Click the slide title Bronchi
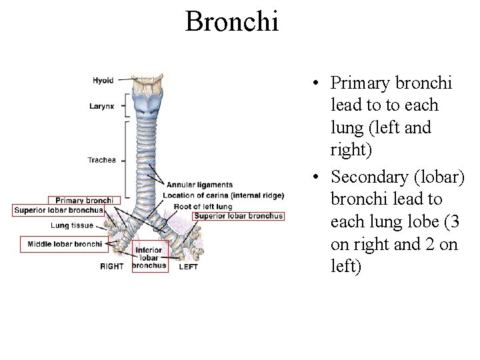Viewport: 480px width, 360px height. pyautogui.click(x=232, y=21)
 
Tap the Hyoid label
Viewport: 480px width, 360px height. pyautogui.click(x=103, y=81)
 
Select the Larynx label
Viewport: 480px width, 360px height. pyautogui.click(x=102, y=106)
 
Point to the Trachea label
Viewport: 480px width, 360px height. pyautogui.click(x=101, y=160)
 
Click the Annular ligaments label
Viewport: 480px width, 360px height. pyautogui.click(x=199, y=185)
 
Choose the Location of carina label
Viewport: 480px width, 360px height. pyautogui.click(x=223, y=195)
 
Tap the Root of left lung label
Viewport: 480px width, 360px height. pyautogui.click(x=203, y=207)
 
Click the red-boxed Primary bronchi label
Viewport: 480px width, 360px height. pyautogui.click(x=84, y=200)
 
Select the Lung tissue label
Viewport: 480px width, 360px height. pyautogui.click(x=72, y=226)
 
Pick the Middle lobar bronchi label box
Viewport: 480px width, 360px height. pyautogui.click(x=65, y=244)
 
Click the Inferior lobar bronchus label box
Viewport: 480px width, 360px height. pyautogui.click(x=149, y=258)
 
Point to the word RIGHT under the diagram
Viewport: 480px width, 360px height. pyautogui.click(x=112, y=267)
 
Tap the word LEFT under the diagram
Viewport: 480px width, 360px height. pyautogui.click(x=188, y=267)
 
